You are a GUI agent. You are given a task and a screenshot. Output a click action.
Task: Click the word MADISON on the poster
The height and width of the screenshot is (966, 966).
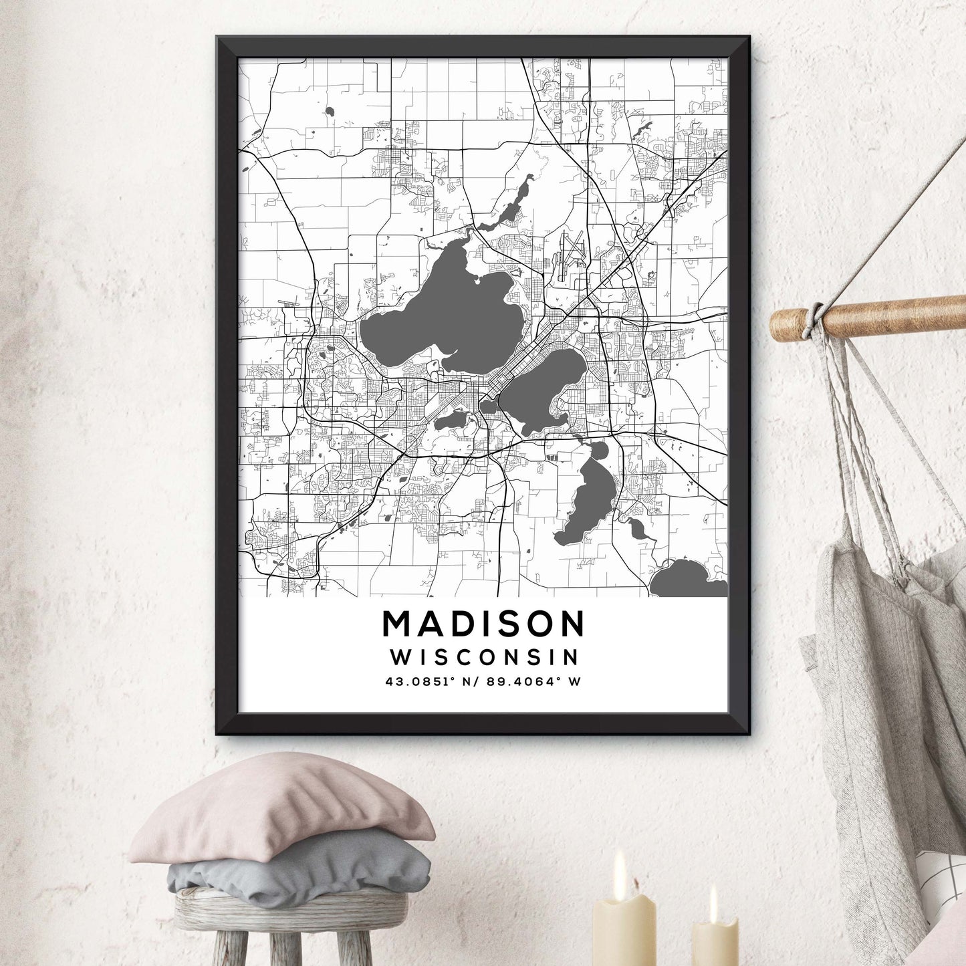coord(483,624)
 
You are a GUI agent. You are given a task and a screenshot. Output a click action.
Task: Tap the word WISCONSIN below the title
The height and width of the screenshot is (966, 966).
coord(484,657)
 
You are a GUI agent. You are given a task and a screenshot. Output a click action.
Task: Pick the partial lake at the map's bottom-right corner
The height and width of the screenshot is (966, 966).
coord(689,580)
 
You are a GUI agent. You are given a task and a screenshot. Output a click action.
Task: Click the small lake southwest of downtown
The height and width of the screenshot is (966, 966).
coord(452,420)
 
